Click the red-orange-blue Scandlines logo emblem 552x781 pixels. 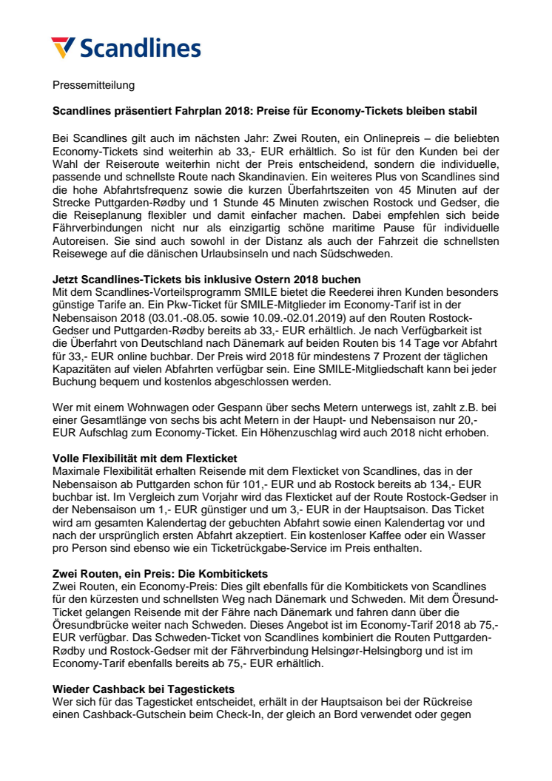[63, 47]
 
